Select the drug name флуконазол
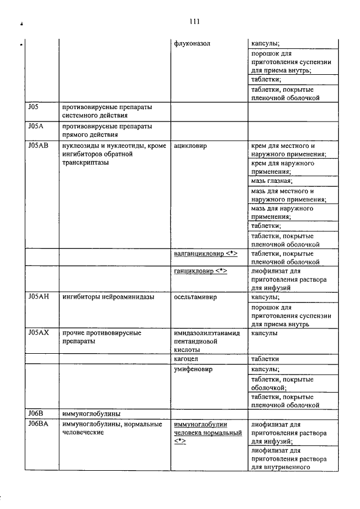click(193, 43)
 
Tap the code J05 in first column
click(32, 107)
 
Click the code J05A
click(34, 126)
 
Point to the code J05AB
click(37, 145)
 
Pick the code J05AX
click(37, 333)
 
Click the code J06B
click(35, 414)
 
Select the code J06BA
click(37, 424)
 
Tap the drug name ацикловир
click(191, 146)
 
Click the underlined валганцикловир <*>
click(206, 254)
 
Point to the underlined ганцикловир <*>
click(200, 271)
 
